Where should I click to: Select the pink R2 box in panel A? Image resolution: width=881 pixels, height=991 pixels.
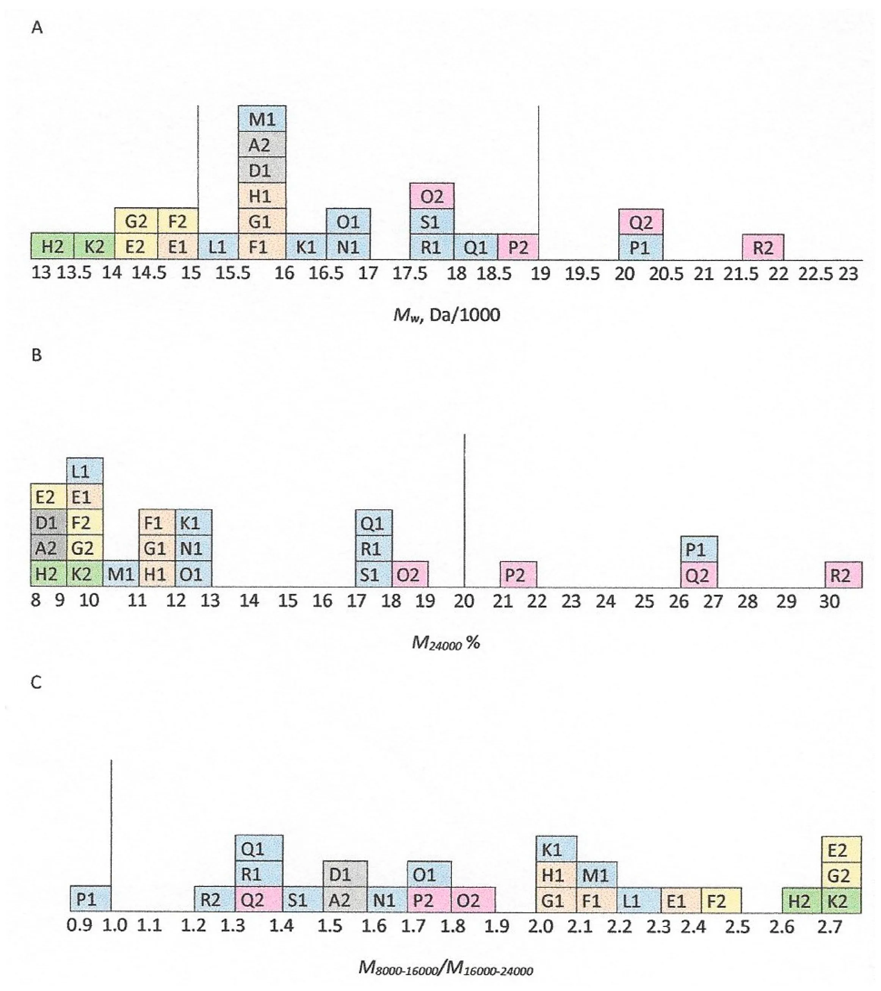762,247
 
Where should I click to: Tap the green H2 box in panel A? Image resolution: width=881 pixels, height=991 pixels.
52,246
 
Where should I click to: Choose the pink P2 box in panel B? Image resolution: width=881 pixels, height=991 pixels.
518,575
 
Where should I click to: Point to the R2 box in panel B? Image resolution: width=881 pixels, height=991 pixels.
844,575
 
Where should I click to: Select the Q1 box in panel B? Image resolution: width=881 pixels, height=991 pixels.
374,523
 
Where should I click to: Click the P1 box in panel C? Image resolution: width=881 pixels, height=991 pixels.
90,899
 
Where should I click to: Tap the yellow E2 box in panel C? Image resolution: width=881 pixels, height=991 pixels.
841,850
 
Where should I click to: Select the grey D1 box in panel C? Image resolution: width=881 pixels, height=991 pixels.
345,875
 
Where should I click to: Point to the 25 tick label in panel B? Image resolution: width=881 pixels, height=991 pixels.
644,602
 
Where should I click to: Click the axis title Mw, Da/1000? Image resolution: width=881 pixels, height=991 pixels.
446,316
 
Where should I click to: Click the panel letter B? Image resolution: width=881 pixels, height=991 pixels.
36,355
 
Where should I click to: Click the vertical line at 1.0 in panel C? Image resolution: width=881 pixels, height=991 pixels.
111,824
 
